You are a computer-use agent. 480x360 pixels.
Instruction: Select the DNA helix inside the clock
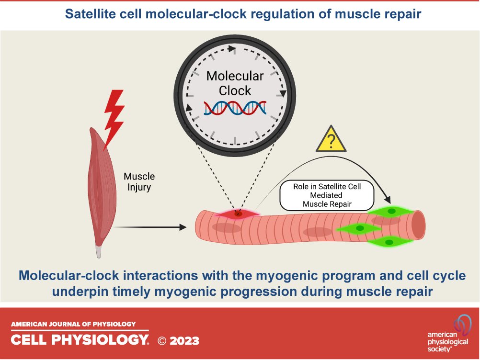click(x=235, y=109)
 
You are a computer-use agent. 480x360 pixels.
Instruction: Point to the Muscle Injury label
click(x=139, y=182)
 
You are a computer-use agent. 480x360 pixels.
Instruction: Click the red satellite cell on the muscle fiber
click(x=238, y=214)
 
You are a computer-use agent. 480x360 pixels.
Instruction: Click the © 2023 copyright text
click(x=178, y=341)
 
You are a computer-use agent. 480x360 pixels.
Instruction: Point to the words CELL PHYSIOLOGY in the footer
click(x=80, y=340)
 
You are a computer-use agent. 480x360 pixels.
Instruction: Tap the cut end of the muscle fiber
click(x=418, y=224)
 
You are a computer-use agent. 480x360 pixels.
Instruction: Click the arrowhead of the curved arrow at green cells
click(x=388, y=200)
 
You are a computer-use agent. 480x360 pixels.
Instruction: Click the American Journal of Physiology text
click(x=74, y=324)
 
